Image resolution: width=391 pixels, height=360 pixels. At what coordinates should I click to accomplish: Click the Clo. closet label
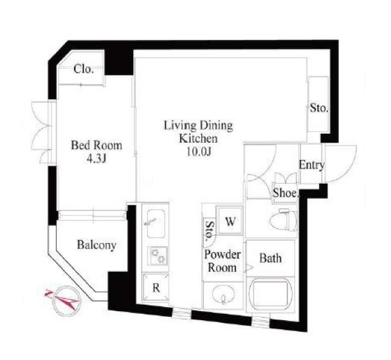[84, 69]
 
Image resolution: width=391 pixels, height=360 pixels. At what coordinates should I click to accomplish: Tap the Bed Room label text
[96, 145]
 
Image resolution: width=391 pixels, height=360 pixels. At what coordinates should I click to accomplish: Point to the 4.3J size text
[96, 159]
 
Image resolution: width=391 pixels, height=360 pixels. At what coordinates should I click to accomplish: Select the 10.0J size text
[199, 152]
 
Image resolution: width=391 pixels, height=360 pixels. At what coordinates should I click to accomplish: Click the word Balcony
[96, 245]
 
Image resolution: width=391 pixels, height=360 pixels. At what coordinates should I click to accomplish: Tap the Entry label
[312, 165]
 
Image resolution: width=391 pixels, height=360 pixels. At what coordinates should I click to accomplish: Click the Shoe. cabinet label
[286, 193]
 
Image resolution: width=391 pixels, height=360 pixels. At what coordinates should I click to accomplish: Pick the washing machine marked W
[230, 221]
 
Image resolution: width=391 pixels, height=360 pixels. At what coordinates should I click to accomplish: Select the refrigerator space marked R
[156, 288]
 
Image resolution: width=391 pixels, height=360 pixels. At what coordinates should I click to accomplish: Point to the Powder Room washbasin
[223, 294]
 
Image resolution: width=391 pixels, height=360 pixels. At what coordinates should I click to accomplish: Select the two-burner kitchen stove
[158, 256]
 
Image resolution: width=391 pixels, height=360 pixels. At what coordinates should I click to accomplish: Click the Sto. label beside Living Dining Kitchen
[319, 108]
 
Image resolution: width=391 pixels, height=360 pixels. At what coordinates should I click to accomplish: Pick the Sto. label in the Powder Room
[210, 231]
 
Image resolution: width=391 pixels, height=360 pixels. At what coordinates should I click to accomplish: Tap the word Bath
[271, 258]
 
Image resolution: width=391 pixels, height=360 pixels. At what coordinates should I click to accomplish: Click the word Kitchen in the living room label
[199, 139]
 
